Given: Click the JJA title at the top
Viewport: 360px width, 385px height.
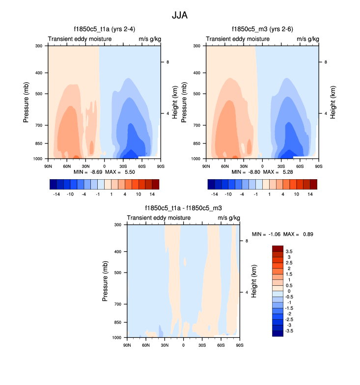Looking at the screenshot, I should [x=179, y=15].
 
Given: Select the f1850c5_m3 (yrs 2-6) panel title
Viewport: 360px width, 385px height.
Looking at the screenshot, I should [x=262, y=29].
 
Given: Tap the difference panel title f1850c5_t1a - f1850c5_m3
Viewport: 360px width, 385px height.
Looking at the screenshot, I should [x=183, y=208].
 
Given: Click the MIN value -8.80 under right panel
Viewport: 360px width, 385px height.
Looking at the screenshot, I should [x=252, y=172].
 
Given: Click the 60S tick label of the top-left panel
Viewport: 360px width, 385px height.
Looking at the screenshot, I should [x=141, y=166].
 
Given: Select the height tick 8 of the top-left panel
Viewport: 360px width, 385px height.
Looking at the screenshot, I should [x=168, y=62].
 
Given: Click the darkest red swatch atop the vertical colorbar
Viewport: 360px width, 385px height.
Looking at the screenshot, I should [x=278, y=248].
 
